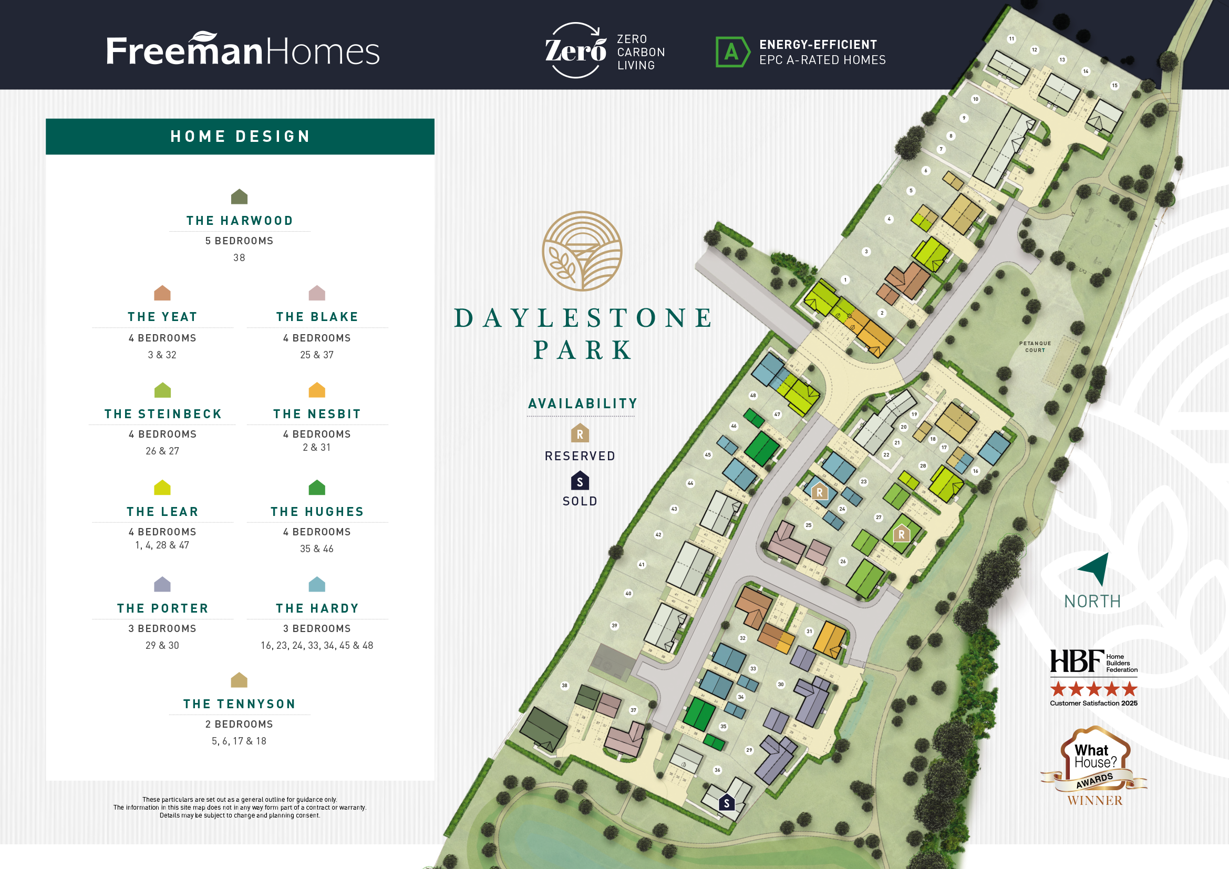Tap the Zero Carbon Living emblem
(575, 50)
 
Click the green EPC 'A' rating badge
(732, 52)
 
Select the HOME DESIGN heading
(240, 137)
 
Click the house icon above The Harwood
(239, 196)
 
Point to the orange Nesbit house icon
(317, 390)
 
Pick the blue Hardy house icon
(317, 584)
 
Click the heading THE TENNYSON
(239, 704)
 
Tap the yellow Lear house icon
(162, 488)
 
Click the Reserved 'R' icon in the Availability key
(580, 433)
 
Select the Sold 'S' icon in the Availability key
(580, 481)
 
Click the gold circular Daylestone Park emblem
(582, 251)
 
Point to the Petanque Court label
(1035, 347)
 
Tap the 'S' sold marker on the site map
(726, 803)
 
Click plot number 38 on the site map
(564, 686)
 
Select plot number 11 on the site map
(1011, 38)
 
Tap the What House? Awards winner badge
(1094, 765)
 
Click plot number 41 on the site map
(641, 564)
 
